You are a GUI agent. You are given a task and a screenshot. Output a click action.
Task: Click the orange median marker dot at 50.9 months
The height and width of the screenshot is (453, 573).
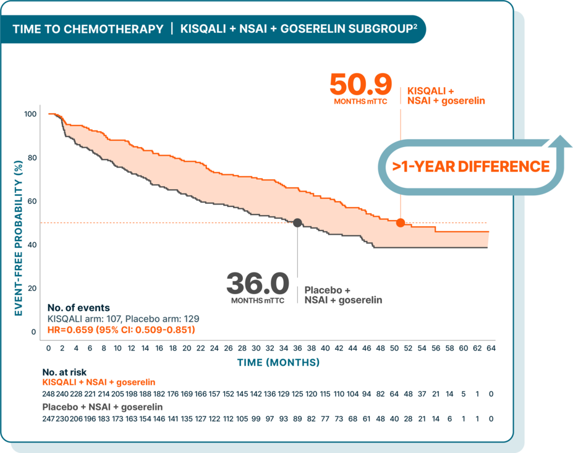point(400,222)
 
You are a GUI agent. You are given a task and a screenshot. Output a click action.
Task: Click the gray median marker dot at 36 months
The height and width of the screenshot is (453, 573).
point(297,223)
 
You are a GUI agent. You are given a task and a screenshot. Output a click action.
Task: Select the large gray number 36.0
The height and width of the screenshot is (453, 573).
point(258,284)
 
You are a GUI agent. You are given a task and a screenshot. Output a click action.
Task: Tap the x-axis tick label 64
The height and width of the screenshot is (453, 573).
point(490,349)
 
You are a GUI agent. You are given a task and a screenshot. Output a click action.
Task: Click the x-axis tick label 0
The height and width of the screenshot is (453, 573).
point(49,349)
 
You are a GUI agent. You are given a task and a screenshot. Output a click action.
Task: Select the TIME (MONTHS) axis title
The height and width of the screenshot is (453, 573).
point(278,362)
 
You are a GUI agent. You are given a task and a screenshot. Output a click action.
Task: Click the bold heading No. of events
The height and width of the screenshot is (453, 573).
point(79,307)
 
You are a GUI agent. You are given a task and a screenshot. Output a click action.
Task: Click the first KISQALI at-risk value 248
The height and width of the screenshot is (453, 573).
point(49,394)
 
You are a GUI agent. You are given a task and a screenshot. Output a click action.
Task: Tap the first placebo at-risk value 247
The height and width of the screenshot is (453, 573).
point(49,418)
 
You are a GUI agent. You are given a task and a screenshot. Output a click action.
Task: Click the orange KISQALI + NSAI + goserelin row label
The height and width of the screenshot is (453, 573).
point(98,383)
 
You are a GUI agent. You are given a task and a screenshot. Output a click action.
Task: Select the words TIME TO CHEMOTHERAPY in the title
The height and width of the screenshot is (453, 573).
point(88,29)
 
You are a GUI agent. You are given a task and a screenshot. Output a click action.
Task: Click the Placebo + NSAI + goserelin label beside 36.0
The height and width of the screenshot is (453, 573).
point(342,295)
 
